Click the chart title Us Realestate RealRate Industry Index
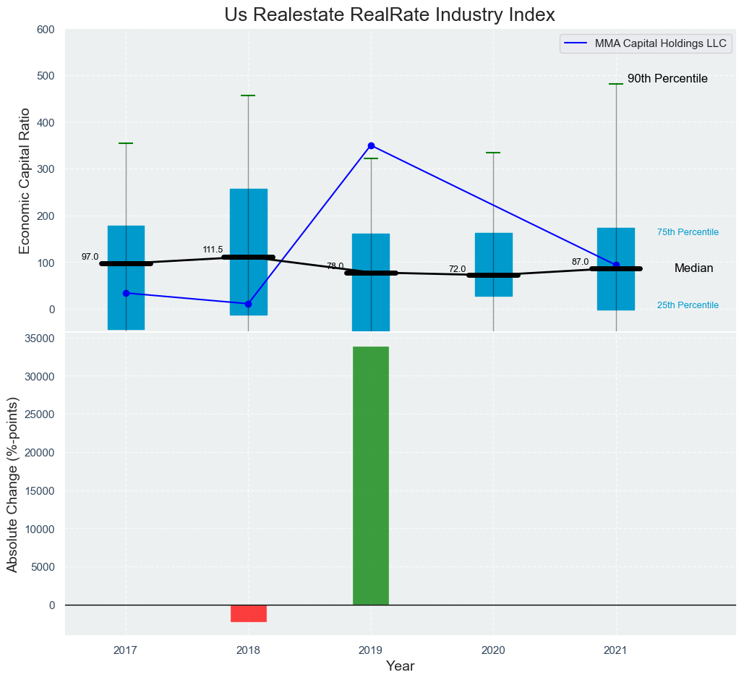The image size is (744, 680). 390,14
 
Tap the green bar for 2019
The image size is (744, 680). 371,475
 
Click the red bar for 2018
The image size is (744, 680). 249,613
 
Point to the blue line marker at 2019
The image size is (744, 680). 371,145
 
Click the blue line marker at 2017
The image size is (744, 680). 126,293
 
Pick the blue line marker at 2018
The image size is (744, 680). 249,304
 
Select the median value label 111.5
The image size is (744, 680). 213,250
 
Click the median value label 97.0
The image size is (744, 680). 90,257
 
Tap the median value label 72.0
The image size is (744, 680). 457,269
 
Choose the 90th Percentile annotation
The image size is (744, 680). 667,78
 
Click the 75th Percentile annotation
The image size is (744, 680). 688,232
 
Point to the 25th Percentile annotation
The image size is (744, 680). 688,305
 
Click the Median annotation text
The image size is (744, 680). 693,268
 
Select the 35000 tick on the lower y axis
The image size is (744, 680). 39,339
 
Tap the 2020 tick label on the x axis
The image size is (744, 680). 494,651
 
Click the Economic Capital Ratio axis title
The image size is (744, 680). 25,181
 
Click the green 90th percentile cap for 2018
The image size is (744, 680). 249,95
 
